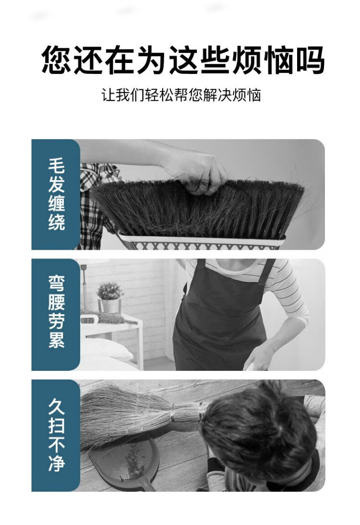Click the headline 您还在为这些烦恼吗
pyautogui.click(x=183, y=60)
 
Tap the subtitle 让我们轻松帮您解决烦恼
pyautogui.click(x=181, y=95)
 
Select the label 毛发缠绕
pyautogui.click(x=56, y=194)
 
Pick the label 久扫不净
pyautogui.click(x=56, y=435)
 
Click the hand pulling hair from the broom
pyautogui.click(x=197, y=171)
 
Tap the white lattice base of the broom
pyautogui.click(x=201, y=243)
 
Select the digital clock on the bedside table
pyautogui.click(x=89, y=320)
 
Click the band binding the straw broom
pyautogui.click(x=173, y=412)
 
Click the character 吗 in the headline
pyautogui.click(x=310, y=60)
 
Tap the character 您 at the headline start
pyautogui.click(x=56, y=60)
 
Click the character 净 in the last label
pyautogui.click(x=56, y=464)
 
